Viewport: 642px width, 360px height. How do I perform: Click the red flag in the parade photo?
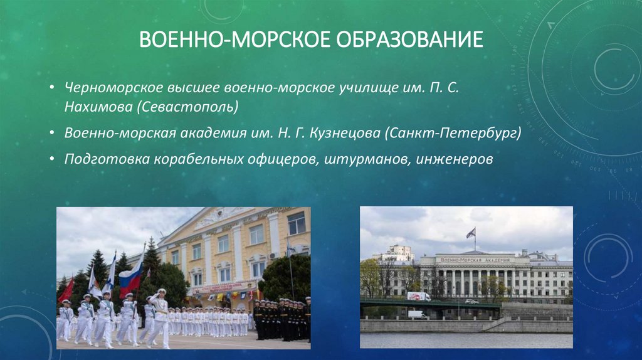(66, 290)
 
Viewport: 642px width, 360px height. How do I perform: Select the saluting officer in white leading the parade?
(160, 317)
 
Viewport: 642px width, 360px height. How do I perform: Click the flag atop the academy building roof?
(470, 233)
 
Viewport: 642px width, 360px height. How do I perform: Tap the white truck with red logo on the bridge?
(418, 296)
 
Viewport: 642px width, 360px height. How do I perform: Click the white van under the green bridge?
(417, 315)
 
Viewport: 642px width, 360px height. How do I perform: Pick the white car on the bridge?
(471, 301)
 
